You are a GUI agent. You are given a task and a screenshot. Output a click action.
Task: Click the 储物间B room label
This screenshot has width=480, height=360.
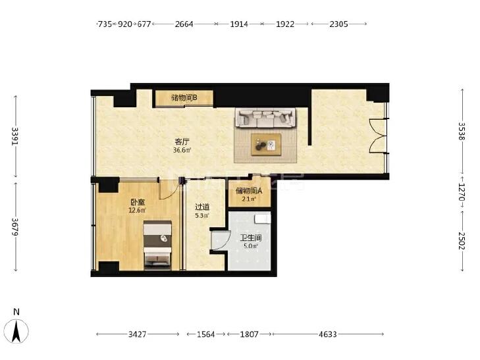pos(184,98)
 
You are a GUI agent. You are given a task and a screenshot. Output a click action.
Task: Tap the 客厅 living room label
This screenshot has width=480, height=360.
pos(182,142)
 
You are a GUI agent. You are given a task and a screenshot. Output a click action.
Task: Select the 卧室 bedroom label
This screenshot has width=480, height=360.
pos(138,203)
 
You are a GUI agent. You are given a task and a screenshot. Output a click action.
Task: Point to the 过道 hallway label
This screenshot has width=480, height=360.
pos(202,207)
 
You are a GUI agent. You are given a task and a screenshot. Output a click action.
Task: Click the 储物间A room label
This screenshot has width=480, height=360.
pos(249,191)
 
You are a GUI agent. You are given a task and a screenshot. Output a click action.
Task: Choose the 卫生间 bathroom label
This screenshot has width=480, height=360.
pos(251,238)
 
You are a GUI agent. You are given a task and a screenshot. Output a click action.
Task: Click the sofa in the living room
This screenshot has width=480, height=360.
pos(266,118)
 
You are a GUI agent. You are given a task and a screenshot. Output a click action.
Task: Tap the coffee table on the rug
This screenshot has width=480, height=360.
pos(266,145)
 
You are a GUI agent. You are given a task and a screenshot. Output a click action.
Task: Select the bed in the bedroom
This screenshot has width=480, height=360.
pos(157,245)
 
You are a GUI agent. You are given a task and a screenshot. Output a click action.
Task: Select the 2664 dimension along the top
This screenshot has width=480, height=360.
pos(184,24)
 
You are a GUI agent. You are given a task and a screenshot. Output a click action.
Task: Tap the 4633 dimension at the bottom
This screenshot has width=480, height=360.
pos(327,334)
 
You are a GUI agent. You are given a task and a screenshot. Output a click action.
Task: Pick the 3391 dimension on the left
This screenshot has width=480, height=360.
pos(14,136)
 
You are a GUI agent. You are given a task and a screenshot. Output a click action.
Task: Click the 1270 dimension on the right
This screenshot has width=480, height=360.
pos(462,192)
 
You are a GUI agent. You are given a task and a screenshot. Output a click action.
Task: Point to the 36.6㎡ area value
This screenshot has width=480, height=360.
pos(182,150)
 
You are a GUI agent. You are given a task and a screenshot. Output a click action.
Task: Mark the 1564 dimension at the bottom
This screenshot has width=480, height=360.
pos(205,334)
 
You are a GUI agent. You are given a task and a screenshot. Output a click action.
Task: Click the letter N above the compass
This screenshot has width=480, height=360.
pos(16,312)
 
